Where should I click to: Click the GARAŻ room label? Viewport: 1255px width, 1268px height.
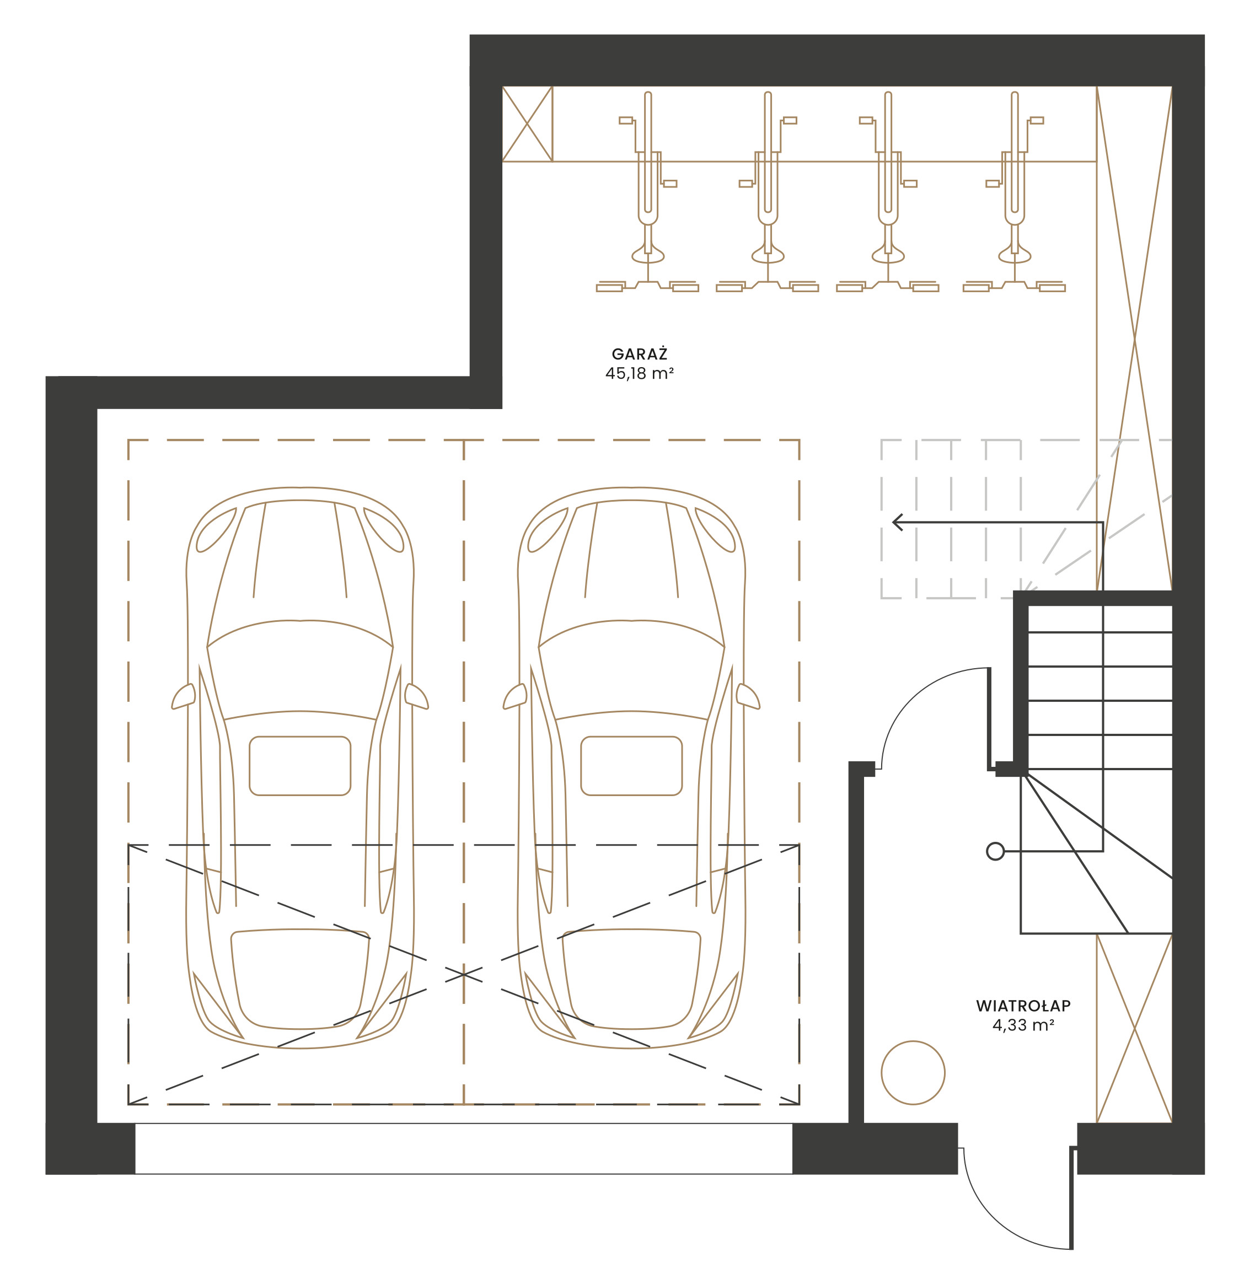tap(639, 354)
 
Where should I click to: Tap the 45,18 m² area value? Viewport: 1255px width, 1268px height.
tap(639, 373)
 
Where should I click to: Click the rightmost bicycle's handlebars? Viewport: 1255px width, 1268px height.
tap(1014, 287)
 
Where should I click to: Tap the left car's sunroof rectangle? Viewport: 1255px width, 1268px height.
tap(300, 766)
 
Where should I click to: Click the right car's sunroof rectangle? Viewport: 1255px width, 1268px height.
tap(631, 766)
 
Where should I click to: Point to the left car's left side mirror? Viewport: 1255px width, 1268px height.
tap(184, 696)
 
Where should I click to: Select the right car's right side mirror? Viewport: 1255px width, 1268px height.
tap(748, 696)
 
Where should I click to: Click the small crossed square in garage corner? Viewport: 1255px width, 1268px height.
tap(527, 123)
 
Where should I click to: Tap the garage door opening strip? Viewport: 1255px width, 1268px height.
tap(463, 1148)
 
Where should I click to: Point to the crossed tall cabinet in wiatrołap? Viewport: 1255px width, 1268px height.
tap(1134, 1028)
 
